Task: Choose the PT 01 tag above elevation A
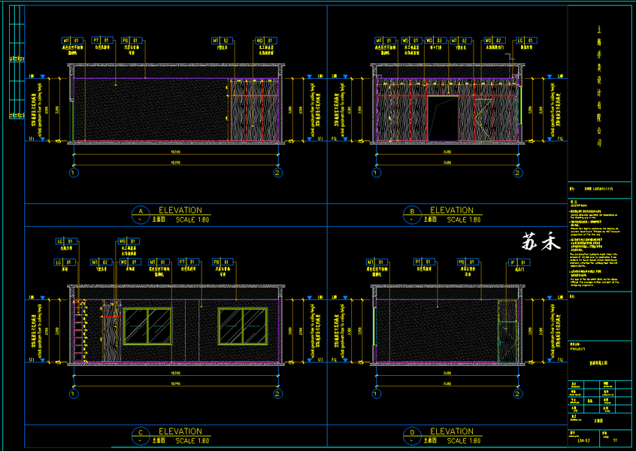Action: pos(101,40)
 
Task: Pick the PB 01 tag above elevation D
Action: pos(466,261)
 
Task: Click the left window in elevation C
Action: pos(148,325)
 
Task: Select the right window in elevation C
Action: pos(242,325)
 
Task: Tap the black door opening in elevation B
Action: pos(443,118)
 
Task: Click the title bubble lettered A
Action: pos(140,213)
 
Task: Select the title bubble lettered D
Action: pos(411,434)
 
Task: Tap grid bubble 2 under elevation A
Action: pos(278,173)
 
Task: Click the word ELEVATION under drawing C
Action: pos(179,431)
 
